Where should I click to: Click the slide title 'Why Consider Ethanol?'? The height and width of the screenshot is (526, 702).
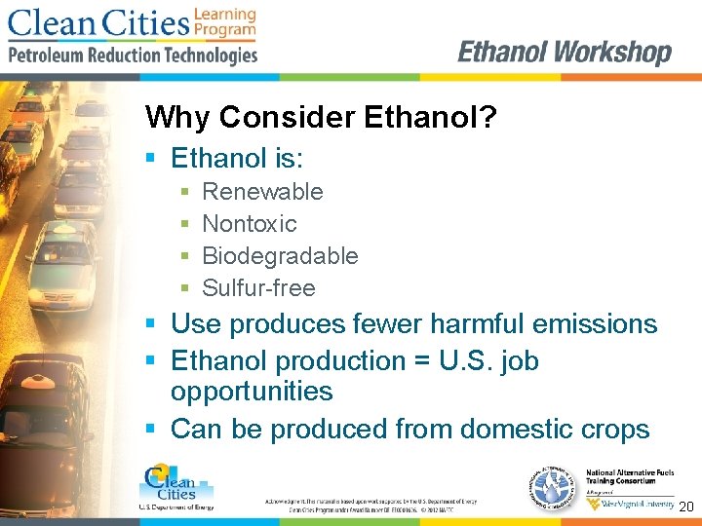pos(321,118)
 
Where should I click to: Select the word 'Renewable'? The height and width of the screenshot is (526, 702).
pos(262,192)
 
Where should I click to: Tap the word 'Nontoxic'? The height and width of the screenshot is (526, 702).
pos(249,224)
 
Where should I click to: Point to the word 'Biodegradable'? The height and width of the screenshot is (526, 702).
pos(280,256)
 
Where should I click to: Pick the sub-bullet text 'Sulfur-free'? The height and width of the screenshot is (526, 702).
pos(258,288)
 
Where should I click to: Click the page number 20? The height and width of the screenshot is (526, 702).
pos(685,507)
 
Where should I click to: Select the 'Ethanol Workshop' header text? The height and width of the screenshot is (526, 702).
pos(565,52)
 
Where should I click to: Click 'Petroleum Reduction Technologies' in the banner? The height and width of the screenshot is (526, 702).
pos(133,56)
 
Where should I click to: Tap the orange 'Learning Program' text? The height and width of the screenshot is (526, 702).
pos(224,22)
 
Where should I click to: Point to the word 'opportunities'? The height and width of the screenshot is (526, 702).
pos(252,392)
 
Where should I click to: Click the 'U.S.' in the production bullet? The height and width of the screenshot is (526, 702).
pos(472,361)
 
